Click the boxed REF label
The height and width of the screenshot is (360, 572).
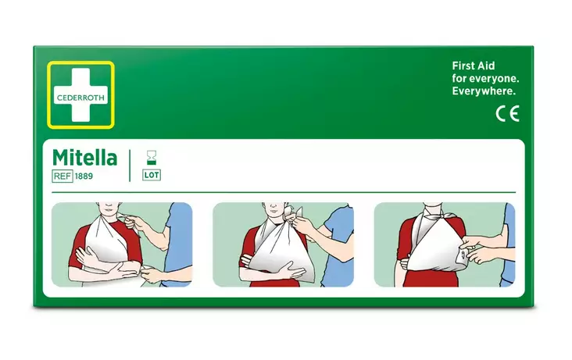tap(63, 176)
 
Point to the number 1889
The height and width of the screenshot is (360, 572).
tap(84, 176)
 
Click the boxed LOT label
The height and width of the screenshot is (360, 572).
tap(152, 175)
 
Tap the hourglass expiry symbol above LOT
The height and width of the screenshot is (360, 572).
tap(152, 156)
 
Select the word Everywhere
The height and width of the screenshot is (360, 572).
tap(484, 92)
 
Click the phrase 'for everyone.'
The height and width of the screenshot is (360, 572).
tap(486, 79)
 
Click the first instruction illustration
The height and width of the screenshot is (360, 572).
tap(121, 244)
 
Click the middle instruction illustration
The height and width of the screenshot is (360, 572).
tap(283, 244)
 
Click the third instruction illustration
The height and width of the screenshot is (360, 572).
tap(444, 244)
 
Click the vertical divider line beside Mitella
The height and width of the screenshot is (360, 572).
tap(130, 165)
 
